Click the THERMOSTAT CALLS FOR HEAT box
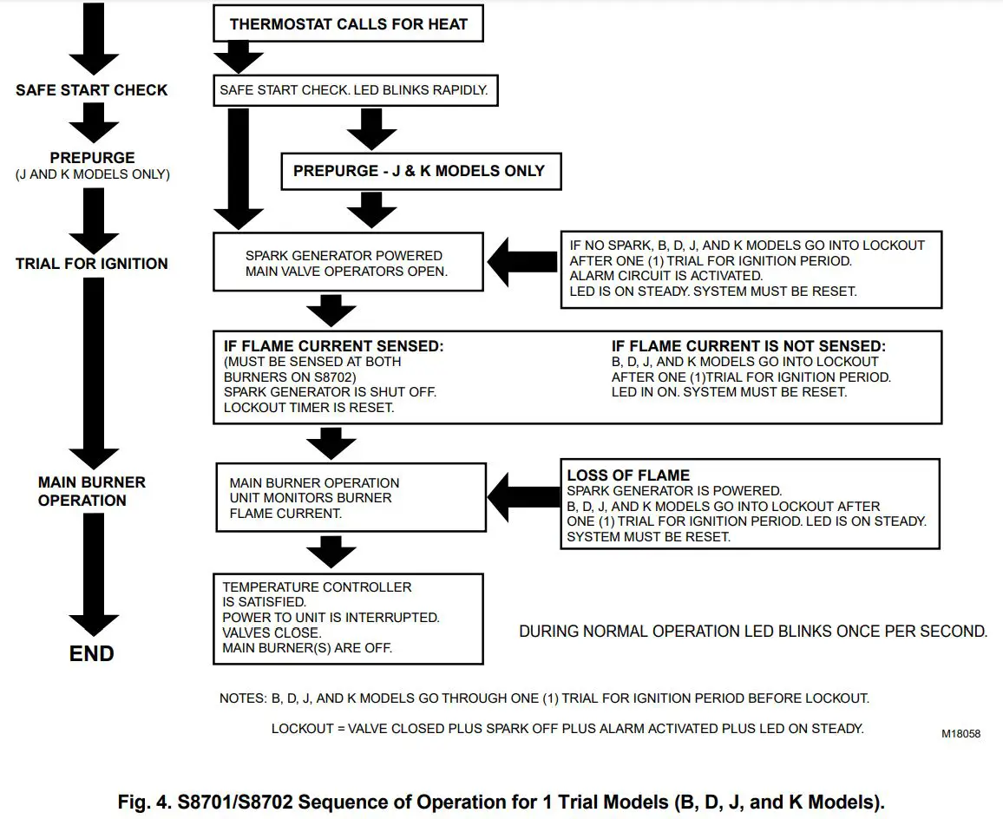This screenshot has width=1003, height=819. (348, 24)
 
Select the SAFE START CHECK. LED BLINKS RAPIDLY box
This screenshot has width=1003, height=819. (356, 90)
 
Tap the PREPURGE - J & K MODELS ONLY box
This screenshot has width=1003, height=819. (420, 171)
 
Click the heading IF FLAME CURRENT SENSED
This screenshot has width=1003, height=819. (333, 346)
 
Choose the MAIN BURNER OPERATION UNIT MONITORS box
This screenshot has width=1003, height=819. (350, 497)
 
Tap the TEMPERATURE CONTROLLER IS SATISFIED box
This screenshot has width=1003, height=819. (348, 617)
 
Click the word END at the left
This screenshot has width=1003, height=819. (91, 653)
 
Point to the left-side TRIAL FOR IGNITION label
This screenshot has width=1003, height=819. (91, 264)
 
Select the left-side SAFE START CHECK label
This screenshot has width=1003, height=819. (91, 90)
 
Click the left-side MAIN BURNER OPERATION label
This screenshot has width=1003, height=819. (91, 491)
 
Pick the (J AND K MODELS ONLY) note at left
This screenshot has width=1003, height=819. (91, 174)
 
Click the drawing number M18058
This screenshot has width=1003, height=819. (960, 734)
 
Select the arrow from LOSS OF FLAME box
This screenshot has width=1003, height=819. (523, 496)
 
